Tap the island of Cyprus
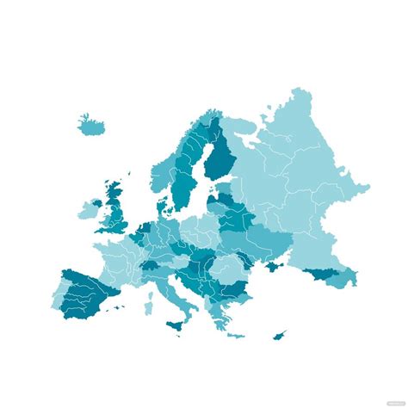280,334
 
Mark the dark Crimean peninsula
274,267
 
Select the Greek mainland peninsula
215,310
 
